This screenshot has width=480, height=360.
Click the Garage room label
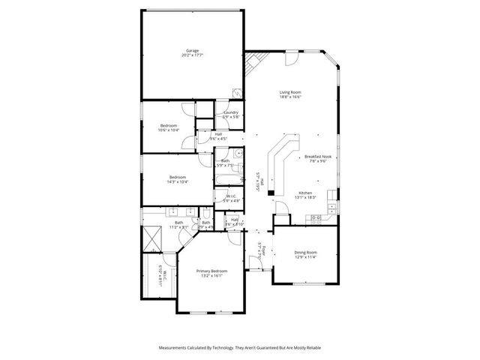tap(193, 53)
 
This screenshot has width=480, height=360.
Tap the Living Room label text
tap(290, 94)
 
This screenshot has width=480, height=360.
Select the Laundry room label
tap(231, 115)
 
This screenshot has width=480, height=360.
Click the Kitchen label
tap(307, 195)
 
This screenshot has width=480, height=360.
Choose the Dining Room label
tap(305, 254)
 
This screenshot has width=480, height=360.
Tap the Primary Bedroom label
tap(211, 272)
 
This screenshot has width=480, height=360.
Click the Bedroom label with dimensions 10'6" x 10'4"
tap(169, 127)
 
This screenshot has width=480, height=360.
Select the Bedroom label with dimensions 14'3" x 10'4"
tap(178, 179)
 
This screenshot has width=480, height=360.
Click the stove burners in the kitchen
tap(316, 217)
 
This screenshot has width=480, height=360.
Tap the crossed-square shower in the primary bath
tap(154, 238)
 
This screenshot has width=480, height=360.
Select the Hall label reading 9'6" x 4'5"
tap(218, 136)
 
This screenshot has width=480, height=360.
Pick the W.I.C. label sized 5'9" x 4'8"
tap(231, 199)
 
